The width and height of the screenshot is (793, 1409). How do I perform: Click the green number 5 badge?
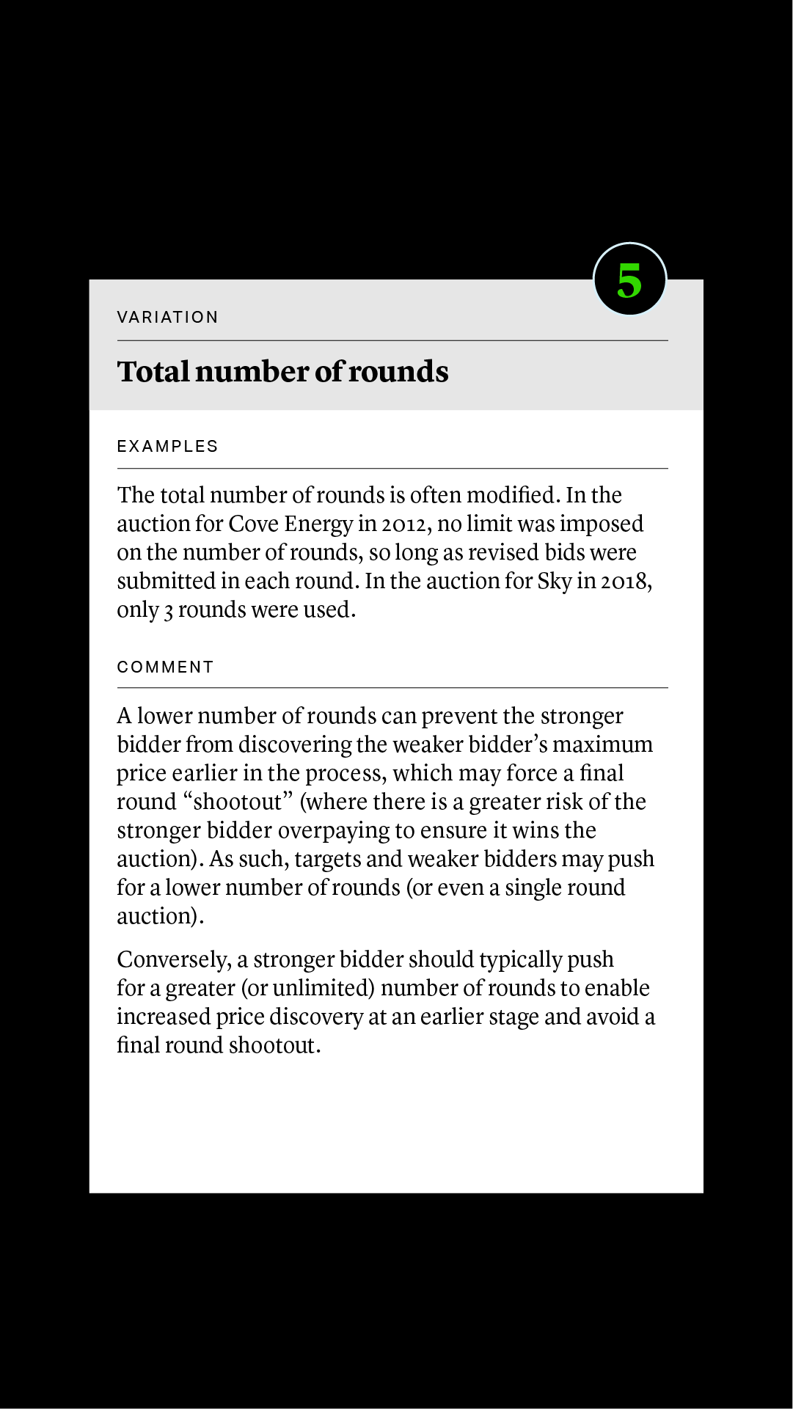coord(629,279)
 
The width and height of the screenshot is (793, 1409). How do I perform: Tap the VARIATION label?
coord(167,317)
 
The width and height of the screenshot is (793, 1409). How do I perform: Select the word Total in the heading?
coord(153,372)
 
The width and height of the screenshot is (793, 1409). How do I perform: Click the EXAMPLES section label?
coord(167,446)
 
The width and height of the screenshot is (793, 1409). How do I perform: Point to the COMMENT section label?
coord(165,667)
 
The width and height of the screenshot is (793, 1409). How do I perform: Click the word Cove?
coord(252,524)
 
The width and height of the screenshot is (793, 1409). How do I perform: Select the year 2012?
coord(403,524)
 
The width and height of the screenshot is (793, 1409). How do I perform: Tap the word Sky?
coord(554,581)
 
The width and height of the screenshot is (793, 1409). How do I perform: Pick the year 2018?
coord(624,581)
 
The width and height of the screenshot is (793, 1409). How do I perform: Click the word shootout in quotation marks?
coord(238,802)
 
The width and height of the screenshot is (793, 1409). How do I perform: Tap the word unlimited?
coord(324,988)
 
